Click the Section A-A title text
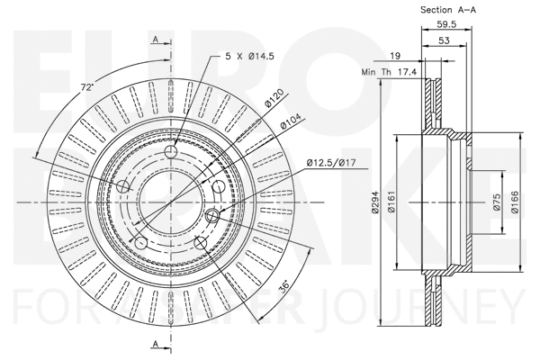(x=448, y=9)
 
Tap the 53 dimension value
(x=445, y=42)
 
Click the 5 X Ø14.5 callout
(x=249, y=57)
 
